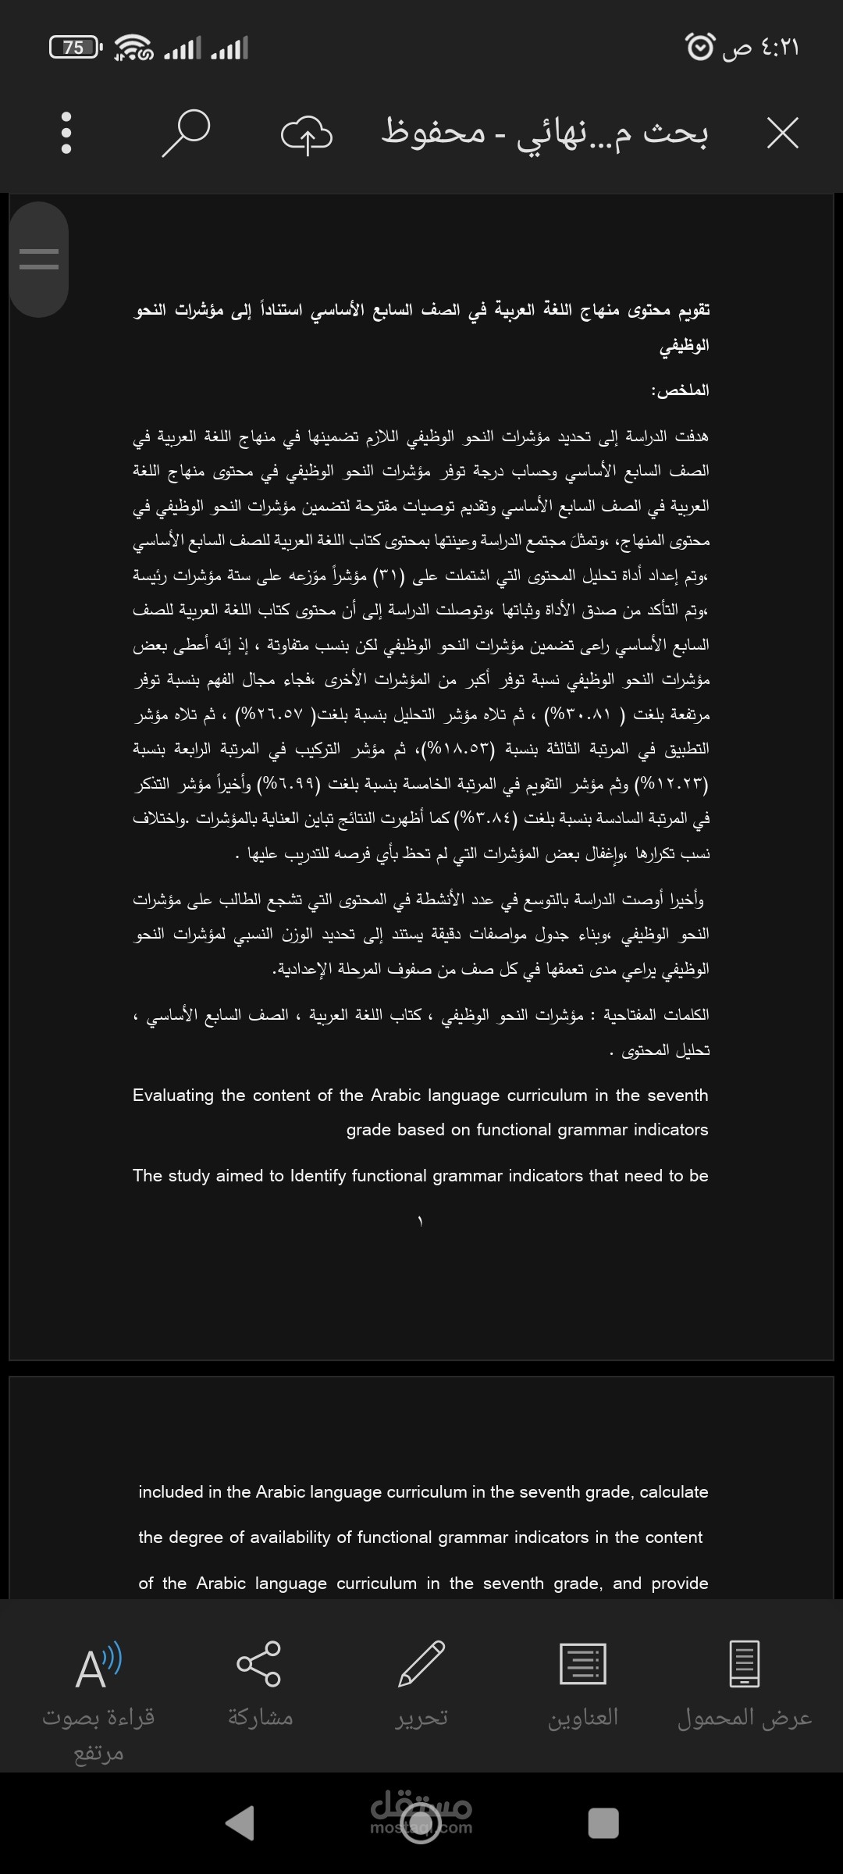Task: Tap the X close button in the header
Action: pos(782,134)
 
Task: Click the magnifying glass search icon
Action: pos(186,133)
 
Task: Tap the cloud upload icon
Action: pos(306,134)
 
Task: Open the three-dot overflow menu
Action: pos(66,133)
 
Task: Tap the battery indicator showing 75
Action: pos(75,48)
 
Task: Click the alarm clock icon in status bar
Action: pos(699,47)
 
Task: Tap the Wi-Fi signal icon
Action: pos(133,48)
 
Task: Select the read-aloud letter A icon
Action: pos(98,1666)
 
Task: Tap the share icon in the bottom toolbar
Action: pos(259,1664)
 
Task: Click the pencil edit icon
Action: pos(421,1664)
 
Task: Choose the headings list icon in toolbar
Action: pos(582,1664)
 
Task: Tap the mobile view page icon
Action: pos(744,1664)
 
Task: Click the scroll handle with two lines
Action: pos(39,259)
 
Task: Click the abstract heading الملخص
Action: pos(680,390)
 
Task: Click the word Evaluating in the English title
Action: pos(173,1096)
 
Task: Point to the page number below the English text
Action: pos(420,1220)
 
